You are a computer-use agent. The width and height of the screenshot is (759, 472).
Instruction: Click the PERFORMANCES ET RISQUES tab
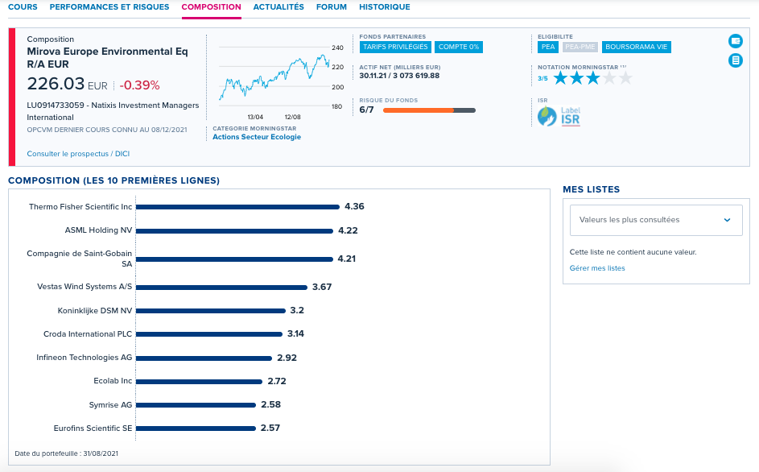pyautogui.click(x=109, y=6)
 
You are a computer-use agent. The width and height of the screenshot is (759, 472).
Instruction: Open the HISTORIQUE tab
pyautogui.click(x=385, y=6)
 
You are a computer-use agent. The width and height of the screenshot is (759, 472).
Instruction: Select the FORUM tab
pyautogui.click(x=331, y=6)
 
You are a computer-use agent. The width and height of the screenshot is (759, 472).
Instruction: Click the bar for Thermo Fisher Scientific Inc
pyautogui.click(x=237, y=207)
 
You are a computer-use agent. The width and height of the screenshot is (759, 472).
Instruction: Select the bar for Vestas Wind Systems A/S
pyautogui.click(x=221, y=288)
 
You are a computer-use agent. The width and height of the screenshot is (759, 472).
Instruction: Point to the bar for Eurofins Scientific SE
pyautogui.click(x=196, y=429)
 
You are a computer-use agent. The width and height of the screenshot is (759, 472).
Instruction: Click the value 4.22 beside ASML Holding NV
pyautogui.click(x=348, y=230)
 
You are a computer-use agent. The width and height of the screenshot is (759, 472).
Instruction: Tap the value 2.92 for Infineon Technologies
pyautogui.click(x=287, y=358)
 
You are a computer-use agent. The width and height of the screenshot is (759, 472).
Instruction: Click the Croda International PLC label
pyautogui.click(x=88, y=334)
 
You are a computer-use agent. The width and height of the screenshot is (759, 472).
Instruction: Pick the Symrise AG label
pyautogui.click(x=110, y=404)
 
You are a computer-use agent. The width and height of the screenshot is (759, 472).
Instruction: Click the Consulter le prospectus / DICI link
pyautogui.click(x=78, y=154)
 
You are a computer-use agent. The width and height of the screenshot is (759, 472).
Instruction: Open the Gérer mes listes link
pyautogui.click(x=597, y=268)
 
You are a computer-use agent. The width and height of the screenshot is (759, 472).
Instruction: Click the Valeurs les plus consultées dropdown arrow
pyautogui.click(x=727, y=220)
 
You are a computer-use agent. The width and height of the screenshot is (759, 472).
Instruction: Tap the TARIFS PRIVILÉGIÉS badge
pyautogui.click(x=395, y=47)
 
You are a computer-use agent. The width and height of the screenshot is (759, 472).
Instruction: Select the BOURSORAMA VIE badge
pyautogui.click(x=636, y=47)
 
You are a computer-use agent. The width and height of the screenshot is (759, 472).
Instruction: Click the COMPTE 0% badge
pyautogui.click(x=459, y=47)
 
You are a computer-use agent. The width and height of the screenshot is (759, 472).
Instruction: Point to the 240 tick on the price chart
pyautogui.click(x=337, y=48)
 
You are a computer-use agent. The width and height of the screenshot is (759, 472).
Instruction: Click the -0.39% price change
pyautogui.click(x=139, y=85)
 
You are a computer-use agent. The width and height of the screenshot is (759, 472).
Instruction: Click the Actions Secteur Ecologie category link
pyautogui.click(x=257, y=137)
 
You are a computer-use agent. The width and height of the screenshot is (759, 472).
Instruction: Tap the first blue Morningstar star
pyautogui.click(x=560, y=78)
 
